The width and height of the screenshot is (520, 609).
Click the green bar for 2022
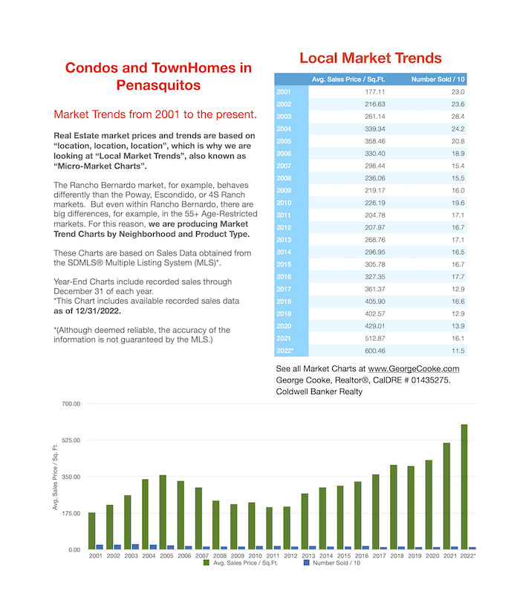464,486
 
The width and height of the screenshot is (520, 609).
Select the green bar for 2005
163,512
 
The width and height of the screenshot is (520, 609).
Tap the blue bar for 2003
135,547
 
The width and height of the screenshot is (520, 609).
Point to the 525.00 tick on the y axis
71,440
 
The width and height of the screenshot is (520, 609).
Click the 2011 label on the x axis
273,556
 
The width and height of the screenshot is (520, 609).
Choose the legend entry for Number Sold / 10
332,563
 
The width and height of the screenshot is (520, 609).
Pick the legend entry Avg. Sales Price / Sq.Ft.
241,563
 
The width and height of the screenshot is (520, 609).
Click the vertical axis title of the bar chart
55,477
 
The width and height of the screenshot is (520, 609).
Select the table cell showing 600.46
375,351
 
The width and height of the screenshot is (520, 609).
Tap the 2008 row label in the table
284,178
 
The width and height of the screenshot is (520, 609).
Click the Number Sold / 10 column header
438,79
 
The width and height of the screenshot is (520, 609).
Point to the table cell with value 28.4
458,117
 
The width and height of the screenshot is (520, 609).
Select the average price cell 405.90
375,302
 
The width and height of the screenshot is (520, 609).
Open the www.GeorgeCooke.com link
414,368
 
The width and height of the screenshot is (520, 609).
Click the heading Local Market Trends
371,58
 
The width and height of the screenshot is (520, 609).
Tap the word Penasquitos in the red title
158,85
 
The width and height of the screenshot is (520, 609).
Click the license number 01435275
431,380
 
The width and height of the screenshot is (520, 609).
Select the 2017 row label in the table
284,289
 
